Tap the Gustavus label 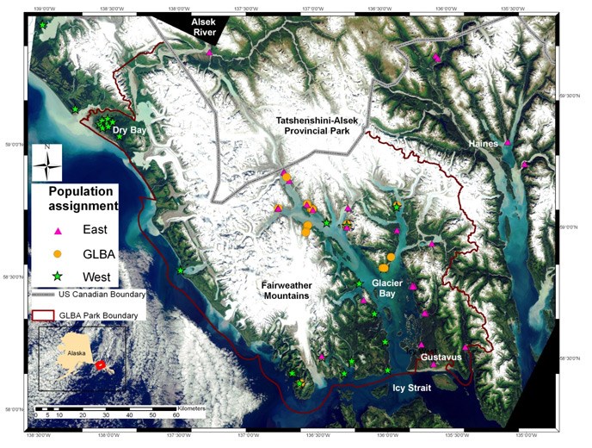coord(441,357)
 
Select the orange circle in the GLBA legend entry coord(58,254)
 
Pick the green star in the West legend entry coord(58,277)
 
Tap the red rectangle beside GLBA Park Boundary coord(44,315)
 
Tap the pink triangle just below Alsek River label coord(209,53)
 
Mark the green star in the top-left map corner coord(43,25)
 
